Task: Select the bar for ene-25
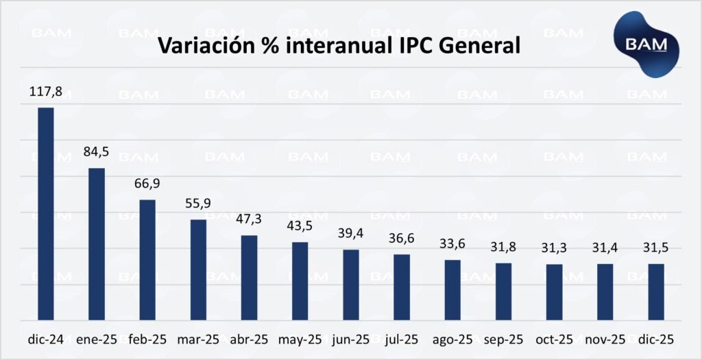(x=97, y=244)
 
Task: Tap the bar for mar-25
(x=198, y=269)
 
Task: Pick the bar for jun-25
(x=351, y=285)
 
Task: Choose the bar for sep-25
(x=504, y=291)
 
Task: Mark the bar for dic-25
(x=656, y=292)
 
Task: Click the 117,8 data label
(x=46, y=91)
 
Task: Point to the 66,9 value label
(x=147, y=184)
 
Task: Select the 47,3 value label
(x=249, y=220)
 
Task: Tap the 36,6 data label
(x=402, y=239)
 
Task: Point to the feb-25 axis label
(x=147, y=339)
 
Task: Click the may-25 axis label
(x=300, y=339)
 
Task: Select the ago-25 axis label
(x=452, y=339)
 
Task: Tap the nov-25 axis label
(x=605, y=339)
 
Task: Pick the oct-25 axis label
(x=555, y=339)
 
